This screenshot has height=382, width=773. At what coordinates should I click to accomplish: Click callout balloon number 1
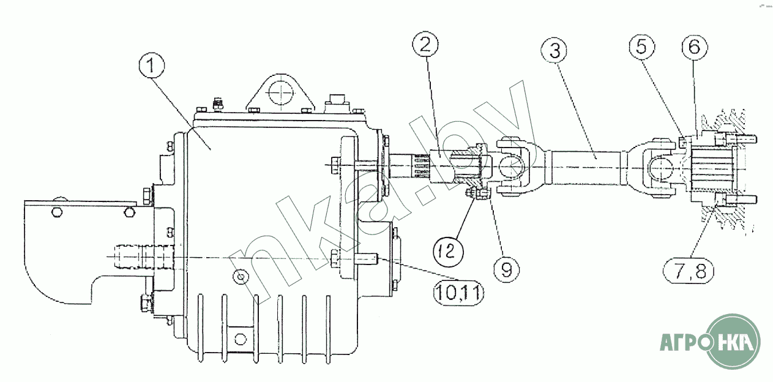[x=151, y=66]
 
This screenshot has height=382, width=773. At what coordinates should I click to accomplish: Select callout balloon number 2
[x=425, y=45]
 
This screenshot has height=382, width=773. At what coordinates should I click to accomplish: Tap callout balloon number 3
[x=554, y=50]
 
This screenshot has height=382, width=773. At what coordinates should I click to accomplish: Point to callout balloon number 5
[x=641, y=47]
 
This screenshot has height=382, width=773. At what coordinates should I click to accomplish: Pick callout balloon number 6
[x=695, y=47]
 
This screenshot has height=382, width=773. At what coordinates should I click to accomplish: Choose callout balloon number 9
[x=506, y=270]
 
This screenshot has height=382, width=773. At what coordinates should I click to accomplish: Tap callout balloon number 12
[x=448, y=251]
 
